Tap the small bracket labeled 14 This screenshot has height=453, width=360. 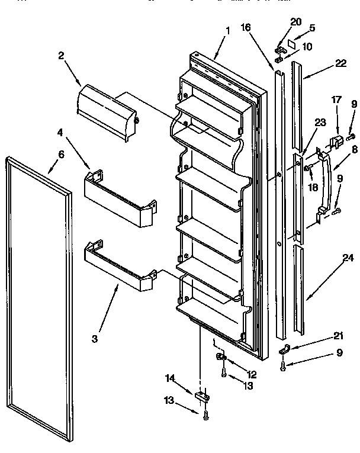coord(202,394)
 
